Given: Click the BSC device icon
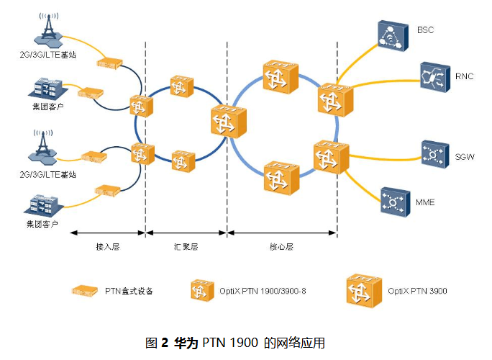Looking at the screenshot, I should point(392,35).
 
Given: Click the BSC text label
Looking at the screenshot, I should point(425,30).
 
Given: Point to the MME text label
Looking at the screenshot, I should point(427,202).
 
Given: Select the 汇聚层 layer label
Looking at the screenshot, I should point(186,246).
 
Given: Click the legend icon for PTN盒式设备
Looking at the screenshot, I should point(85,291).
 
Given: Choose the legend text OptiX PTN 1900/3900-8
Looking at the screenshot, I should point(257,292).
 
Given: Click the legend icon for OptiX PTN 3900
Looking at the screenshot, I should point(362,291).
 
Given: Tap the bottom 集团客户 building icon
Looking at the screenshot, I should point(42,204).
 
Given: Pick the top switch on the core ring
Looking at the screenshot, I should point(279,76).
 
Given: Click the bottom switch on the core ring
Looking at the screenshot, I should point(280,177).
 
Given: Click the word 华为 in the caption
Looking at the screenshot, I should point(186,342).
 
